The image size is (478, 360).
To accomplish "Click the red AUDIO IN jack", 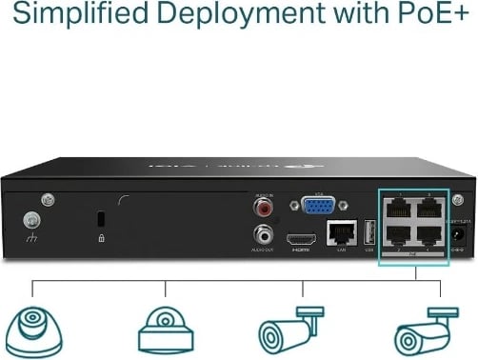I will [x=260, y=205].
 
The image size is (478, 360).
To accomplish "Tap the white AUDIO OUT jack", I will [x=260, y=232].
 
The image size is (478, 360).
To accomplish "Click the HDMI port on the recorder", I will [x=303, y=234].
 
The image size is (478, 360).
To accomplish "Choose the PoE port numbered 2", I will [x=397, y=233].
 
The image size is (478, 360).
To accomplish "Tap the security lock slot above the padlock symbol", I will [x=101, y=219].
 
